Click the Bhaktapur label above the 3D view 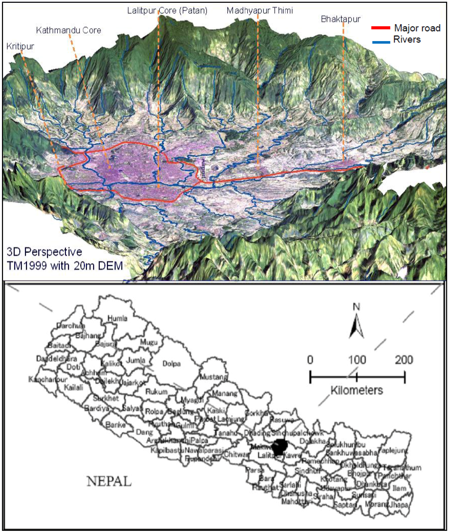341,19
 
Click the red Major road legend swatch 381,28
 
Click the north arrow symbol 356,325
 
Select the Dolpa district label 171,364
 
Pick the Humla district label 117,318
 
